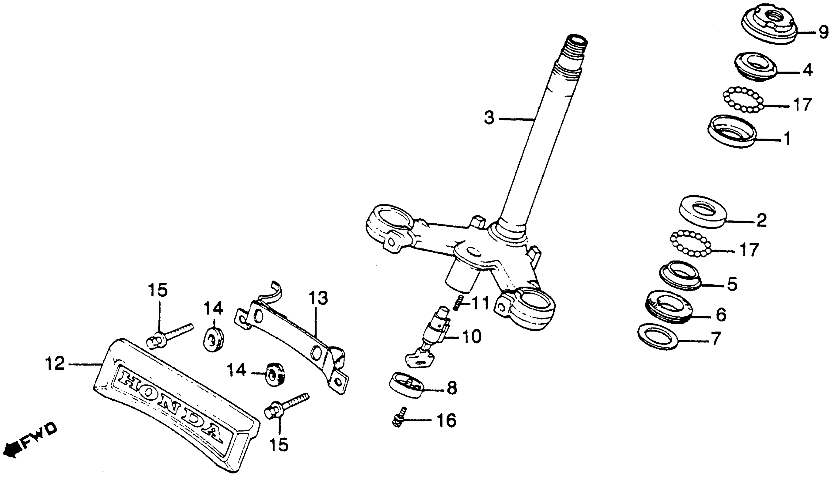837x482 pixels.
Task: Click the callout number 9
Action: tap(823, 32)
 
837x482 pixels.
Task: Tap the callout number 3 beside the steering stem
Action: tap(489, 118)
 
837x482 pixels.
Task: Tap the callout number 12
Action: tap(55, 364)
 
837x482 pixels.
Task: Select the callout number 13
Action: tap(318, 298)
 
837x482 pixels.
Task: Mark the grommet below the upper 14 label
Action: tap(213, 339)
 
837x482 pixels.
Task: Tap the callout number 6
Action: tap(721, 315)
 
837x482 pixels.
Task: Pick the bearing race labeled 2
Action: tap(702, 212)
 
